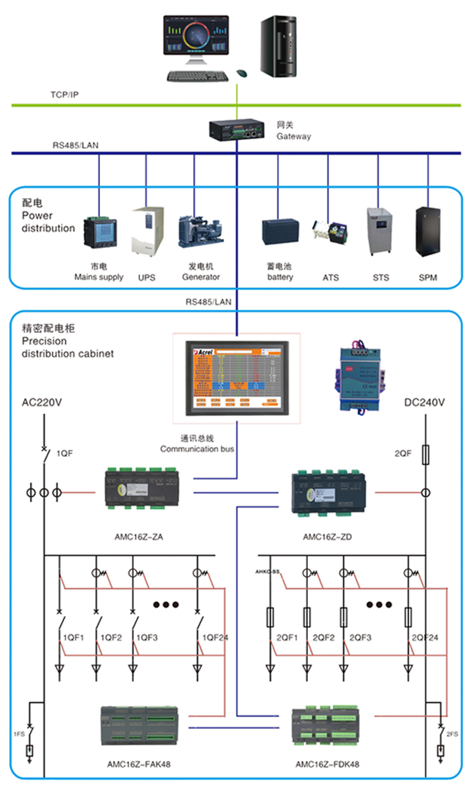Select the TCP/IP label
65,95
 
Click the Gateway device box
237,128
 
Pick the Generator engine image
200,232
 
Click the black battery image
280,232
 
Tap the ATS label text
331,278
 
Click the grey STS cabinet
381,232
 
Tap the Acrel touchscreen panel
237,378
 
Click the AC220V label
42,403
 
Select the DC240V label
425,403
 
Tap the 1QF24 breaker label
215,638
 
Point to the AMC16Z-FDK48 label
327,764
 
